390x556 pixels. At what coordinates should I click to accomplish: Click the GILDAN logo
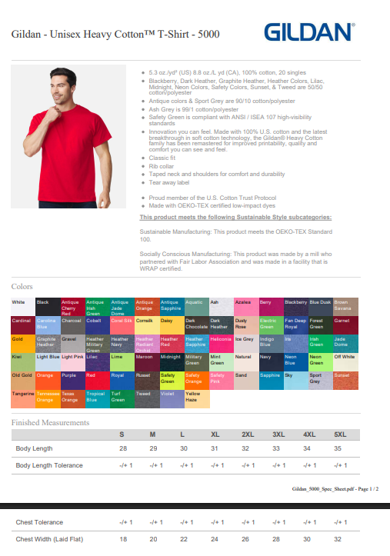[x=310, y=32]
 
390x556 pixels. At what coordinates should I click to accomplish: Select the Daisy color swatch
[x=171, y=324]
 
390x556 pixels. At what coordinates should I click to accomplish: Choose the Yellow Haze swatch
[x=196, y=398]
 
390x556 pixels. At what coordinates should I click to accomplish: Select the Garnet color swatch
[x=345, y=324]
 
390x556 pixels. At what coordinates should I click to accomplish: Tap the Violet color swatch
[x=171, y=398]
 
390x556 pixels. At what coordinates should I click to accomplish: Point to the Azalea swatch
[x=245, y=305]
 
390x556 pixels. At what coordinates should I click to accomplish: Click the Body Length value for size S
[x=122, y=448]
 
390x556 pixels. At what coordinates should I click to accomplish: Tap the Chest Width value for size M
[x=152, y=538]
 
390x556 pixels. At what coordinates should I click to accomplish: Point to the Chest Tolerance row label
[x=39, y=522]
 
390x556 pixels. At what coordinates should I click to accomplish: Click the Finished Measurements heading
[x=50, y=422]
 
